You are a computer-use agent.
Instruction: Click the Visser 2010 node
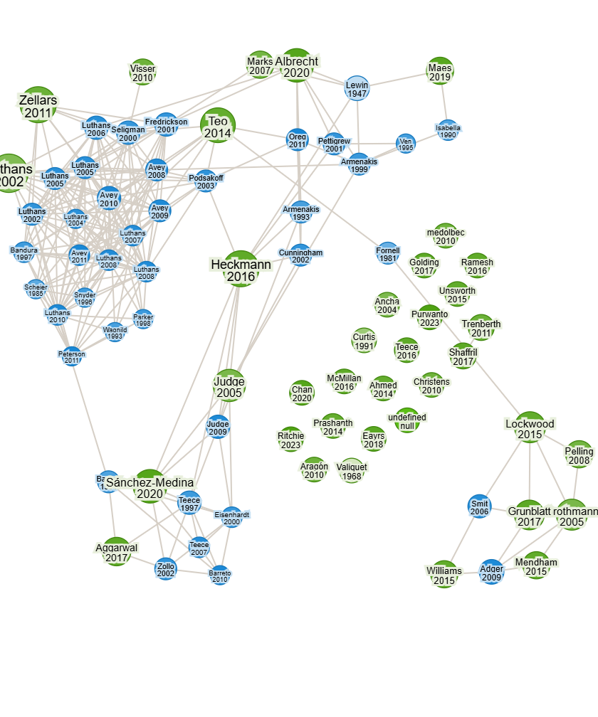click(143, 73)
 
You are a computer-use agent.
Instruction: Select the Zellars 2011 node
click(38, 107)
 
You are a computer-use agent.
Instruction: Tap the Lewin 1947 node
click(357, 88)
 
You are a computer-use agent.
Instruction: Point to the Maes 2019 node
click(440, 72)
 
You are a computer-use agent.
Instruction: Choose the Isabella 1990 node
click(448, 131)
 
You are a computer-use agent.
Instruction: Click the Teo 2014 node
click(217, 126)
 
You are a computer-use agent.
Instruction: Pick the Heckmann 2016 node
click(241, 270)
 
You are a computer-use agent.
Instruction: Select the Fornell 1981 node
click(387, 254)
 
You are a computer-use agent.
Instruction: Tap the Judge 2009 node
click(218, 427)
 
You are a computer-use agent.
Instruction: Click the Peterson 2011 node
click(71, 357)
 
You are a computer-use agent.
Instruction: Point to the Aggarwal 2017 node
click(116, 552)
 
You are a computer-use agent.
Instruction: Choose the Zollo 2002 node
click(166, 569)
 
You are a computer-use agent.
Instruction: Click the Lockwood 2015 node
click(530, 428)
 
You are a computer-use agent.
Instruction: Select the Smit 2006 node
click(480, 507)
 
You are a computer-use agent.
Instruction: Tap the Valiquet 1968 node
click(352, 471)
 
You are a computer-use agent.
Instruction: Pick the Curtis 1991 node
click(364, 341)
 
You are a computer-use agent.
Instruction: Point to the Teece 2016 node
click(406, 351)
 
